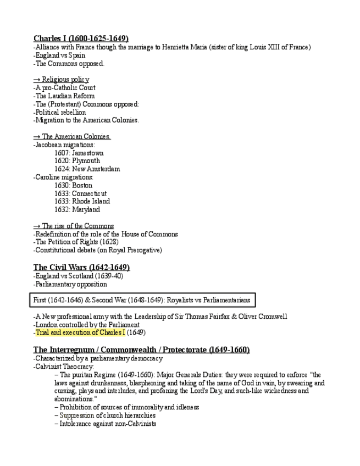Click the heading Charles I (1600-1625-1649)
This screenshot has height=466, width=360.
point(81,38)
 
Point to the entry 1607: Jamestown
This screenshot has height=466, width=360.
point(79,153)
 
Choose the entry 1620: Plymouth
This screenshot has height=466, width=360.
point(77,161)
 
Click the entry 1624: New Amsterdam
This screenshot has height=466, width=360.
point(87,169)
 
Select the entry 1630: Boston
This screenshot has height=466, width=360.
point(73,185)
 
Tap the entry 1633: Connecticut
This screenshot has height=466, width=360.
point(80,193)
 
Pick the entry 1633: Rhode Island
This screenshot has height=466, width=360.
point(82,201)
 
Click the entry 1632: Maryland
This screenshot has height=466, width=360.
point(77,209)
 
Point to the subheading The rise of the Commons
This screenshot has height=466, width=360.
point(74,226)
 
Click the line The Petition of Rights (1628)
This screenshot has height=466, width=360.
point(76,242)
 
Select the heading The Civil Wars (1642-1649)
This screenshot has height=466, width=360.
point(81,267)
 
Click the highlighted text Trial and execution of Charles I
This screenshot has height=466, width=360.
point(79,332)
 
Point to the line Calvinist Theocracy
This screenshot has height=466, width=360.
point(64,367)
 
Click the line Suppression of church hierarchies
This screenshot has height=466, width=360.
point(104,415)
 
